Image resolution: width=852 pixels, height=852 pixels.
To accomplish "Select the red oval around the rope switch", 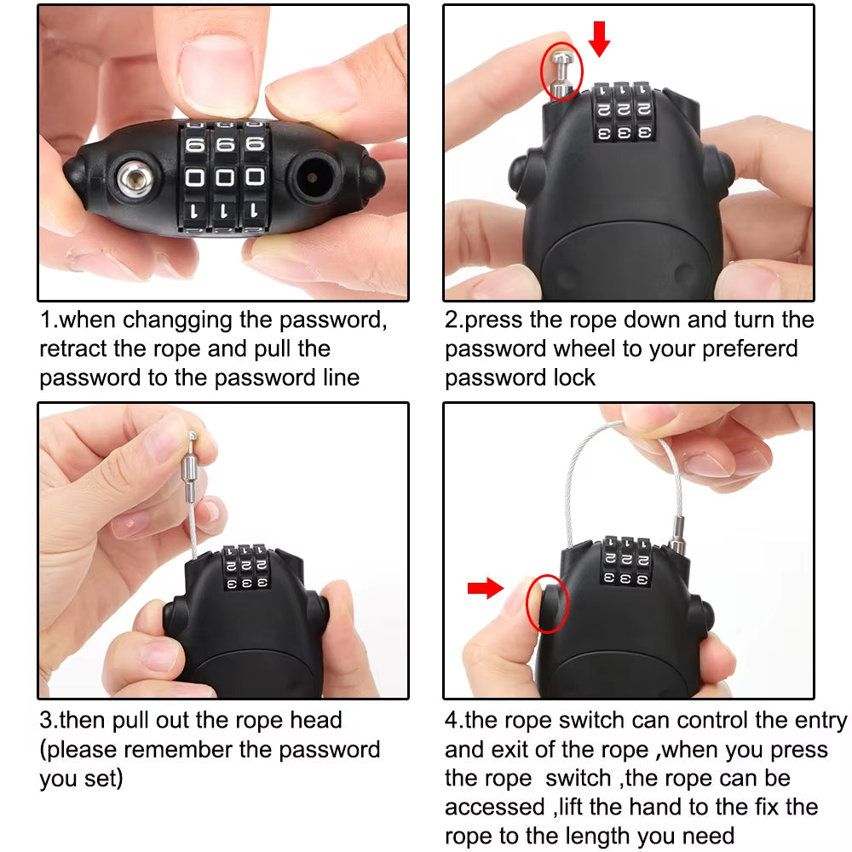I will [549, 602].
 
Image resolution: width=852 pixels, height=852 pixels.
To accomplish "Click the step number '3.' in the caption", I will [49, 721].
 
